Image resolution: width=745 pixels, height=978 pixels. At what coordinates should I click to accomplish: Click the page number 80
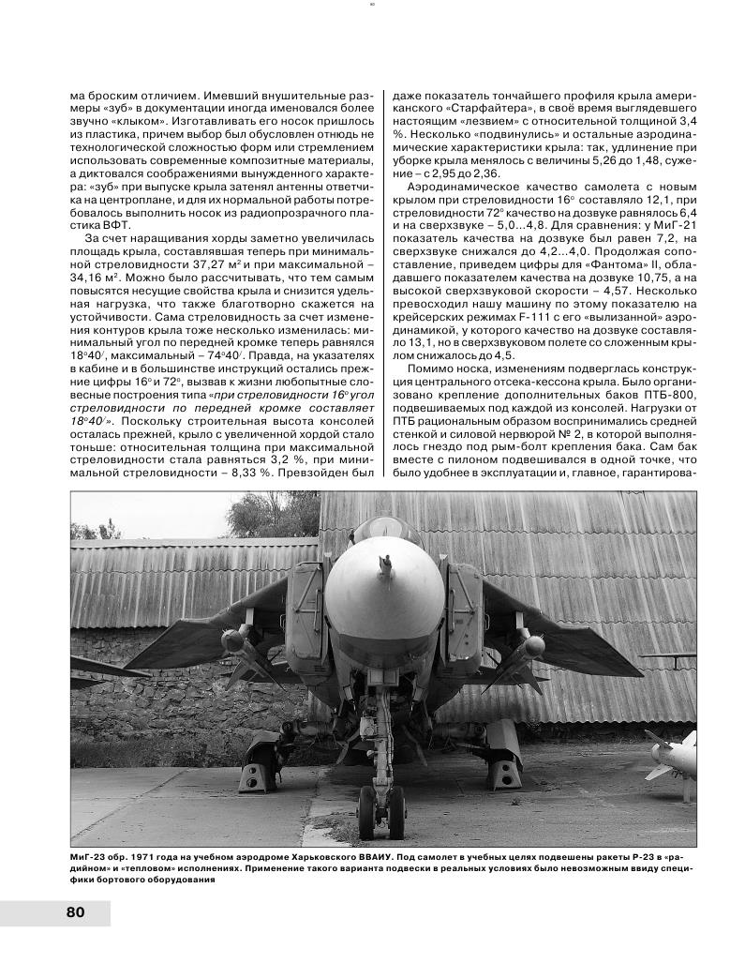pyautogui.click(x=75, y=912)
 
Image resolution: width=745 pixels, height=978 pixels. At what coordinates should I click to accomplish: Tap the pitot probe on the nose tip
pyautogui.click(x=383, y=565)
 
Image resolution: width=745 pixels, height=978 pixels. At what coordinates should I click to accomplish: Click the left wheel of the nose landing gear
pyautogui.click(x=369, y=812)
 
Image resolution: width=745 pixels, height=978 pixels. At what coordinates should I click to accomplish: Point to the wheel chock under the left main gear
pyautogui.click(x=256, y=775)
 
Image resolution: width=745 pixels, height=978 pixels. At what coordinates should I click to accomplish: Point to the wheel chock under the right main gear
pyautogui.click(x=506, y=774)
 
